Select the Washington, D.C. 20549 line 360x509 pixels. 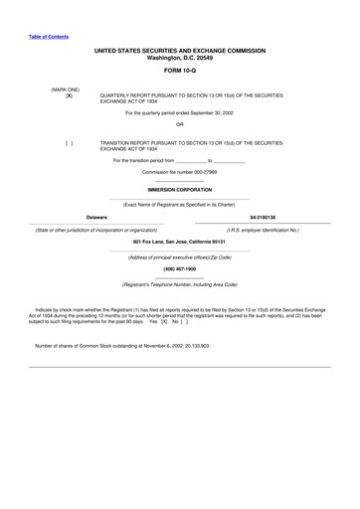point(179,57)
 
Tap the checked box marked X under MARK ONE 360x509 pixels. point(69,95)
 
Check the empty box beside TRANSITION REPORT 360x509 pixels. point(69,143)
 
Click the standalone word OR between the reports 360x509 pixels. point(179,124)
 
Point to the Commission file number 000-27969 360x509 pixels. point(179,172)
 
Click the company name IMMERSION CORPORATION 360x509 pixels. point(179,188)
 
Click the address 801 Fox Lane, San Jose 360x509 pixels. point(179,242)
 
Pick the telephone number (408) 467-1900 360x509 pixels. point(179,268)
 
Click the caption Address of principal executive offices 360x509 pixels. point(179,256)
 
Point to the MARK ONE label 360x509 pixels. point(66,88)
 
